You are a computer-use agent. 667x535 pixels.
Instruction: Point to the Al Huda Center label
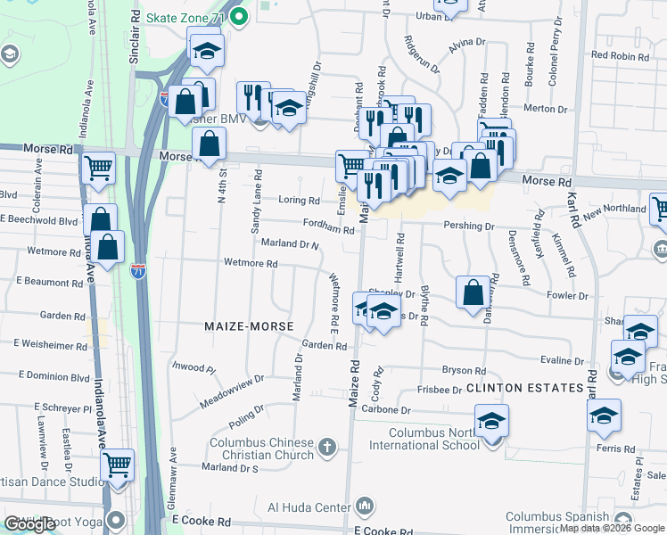[309, 508]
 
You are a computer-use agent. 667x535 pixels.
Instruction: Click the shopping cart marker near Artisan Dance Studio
[117, 465]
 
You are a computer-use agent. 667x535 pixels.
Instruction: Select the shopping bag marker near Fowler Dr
[473, 292]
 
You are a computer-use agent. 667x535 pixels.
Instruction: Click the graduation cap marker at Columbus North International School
[491, 421]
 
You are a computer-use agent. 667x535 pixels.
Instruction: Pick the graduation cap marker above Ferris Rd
[604, 416]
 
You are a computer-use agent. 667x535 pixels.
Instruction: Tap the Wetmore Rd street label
[251, 264]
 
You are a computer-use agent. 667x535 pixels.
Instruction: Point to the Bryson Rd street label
[464, 371]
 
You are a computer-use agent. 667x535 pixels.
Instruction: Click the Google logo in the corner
[30, 524]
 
